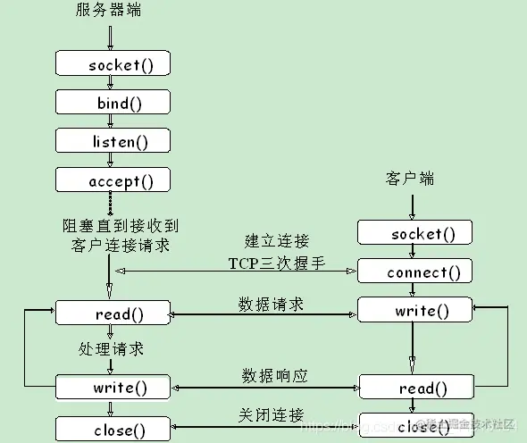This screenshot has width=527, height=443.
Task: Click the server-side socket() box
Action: pos(113,63)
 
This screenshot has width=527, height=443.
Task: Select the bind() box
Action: pos(113,103)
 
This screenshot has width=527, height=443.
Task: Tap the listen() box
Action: pos(113,141)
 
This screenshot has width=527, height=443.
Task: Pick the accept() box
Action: pos(113,180)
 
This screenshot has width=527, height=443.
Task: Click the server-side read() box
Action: pos(113,313)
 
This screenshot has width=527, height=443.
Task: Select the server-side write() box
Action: pos(113,388)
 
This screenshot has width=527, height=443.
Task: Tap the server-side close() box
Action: pos(113,430)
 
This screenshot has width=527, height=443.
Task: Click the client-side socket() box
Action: pos(414,233)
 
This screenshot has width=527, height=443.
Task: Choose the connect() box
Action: pos(414,272)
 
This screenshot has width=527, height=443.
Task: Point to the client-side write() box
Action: pos(414,311)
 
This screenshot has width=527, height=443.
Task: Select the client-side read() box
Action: pos(414,388)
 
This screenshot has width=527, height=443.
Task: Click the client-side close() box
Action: pos(414,426)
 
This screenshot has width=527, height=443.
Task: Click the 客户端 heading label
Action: pos(410,178)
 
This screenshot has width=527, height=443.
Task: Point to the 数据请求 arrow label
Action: pos(271,304)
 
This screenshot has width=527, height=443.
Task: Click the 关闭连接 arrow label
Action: pos(271,415)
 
